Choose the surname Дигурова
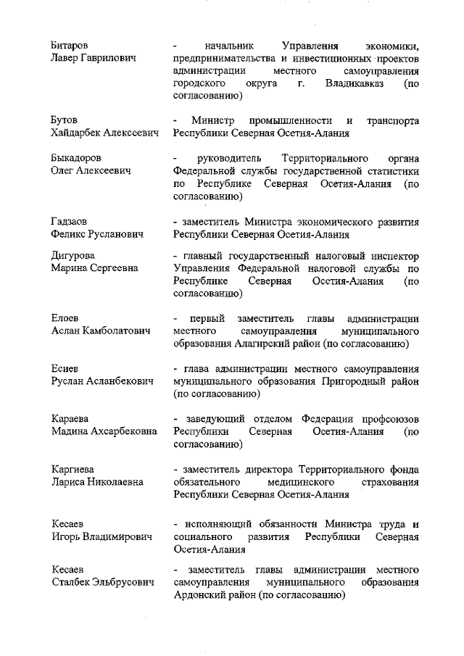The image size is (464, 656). [x=72, y=256]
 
